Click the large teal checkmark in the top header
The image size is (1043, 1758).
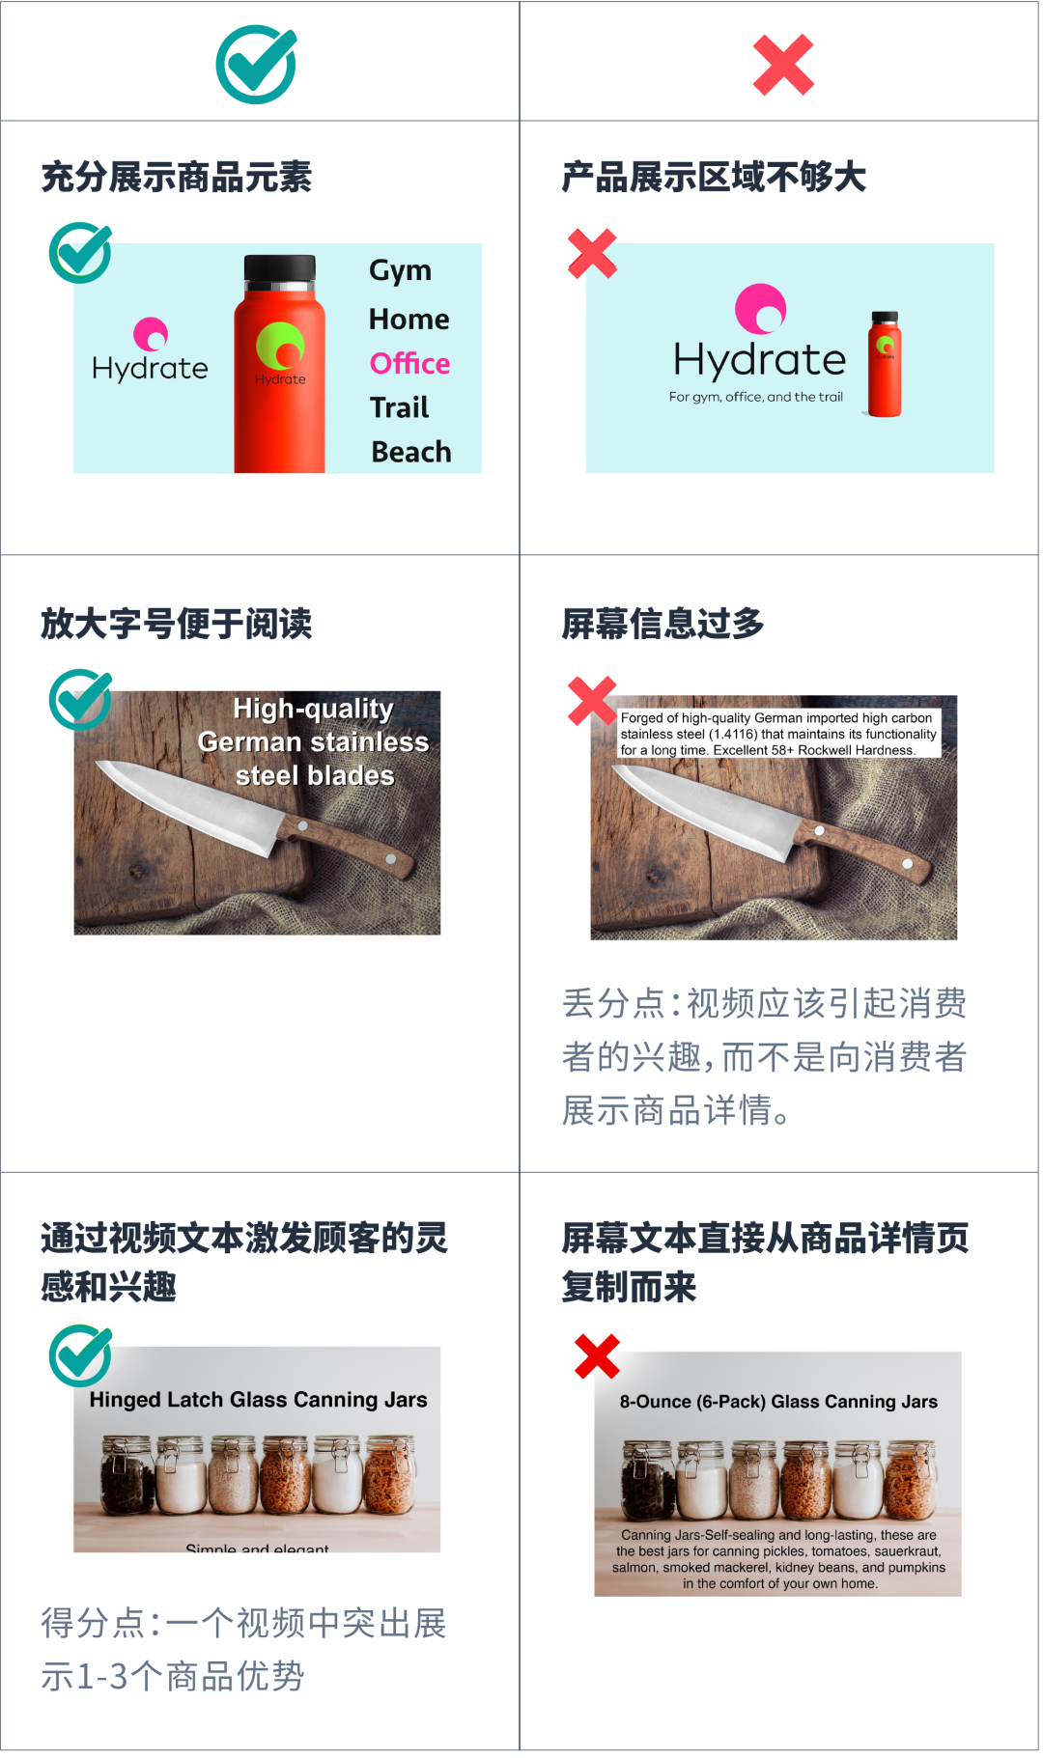pyautogui.click(x=256, y=65)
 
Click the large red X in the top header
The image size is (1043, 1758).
pyautogui.click(x=783, y=65)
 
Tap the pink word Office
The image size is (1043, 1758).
pyautogui.click(x=409, y=364)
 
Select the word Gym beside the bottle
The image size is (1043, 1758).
pyautogui.click(x=400, y=270)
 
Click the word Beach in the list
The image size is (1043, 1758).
pyautogui.click(x=411, y=452)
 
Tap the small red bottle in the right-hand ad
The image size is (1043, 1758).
pyautogui.click(x=885, y=364)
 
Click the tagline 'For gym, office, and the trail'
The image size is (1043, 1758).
pyautogui.click(x=756, y=397)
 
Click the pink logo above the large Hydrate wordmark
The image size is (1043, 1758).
pyautogui.click(x=761, y=308)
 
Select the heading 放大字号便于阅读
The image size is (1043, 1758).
pyautogui.click(x=177, y=624)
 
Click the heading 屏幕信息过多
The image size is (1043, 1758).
pyautogui.click(x=663, y=624)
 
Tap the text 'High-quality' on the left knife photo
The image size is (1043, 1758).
pyautogui.click(x=314, y=709)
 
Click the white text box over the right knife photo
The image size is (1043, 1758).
pyautogui.click(x=778, y=734)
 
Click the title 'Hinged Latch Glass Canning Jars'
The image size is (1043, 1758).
pyautogui.click(x=258, y=1400)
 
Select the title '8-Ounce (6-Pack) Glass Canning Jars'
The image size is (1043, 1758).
pyautogui.click(x=778, y=1402)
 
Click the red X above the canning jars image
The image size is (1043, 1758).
pyautogui.click(x=597, y=1356)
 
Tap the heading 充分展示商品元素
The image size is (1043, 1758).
pyautogui.click(x=177, y=178)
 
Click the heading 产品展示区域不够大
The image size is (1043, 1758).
pyautogui.click(x=715, y=178)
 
